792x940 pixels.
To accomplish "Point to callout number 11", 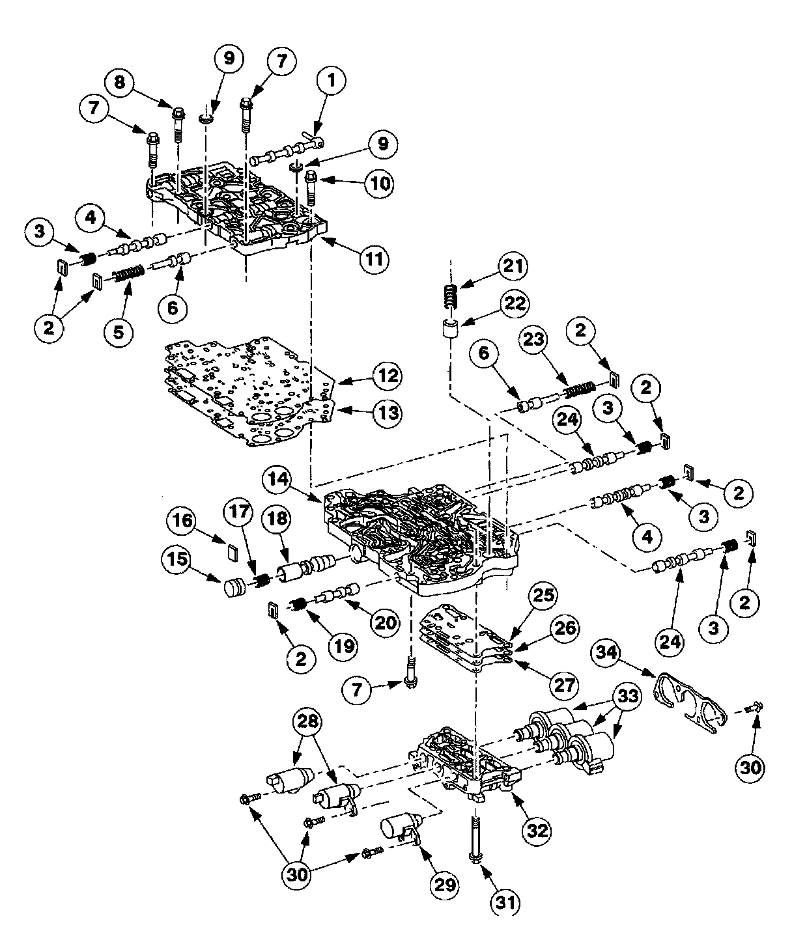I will [x=376, y=259].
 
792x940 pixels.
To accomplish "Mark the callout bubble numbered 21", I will [x=515, y=266].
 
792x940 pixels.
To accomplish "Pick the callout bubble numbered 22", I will [x=515, y=303].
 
